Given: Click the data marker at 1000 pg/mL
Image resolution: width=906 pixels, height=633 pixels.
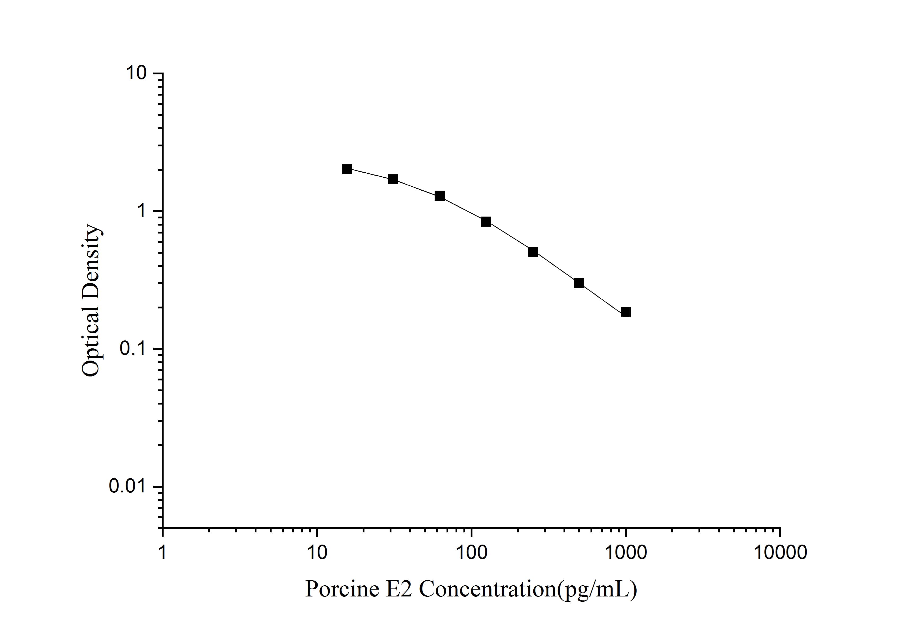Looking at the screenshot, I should [x=625, y=312].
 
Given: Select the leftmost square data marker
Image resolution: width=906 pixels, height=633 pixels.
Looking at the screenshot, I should [x=346, y=169].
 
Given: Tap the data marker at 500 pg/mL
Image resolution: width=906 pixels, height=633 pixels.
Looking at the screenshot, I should [x=579, y=283].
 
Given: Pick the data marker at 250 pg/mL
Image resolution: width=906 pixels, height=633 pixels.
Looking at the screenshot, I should [x=533, y=252].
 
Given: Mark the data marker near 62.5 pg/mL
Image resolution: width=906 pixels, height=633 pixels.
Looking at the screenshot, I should [x=440, y=196].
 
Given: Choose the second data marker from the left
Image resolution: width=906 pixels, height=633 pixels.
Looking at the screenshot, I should [x=393, y=179].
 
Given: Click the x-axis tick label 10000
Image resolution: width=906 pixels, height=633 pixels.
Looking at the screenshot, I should [x=780, y=553].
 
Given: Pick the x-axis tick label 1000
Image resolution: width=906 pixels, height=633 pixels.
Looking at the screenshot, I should [x=625, y=553].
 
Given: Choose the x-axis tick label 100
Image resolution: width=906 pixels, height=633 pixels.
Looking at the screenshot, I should [x=471, y=553].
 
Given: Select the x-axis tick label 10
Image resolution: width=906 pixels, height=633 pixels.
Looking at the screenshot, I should [x=317, y=553].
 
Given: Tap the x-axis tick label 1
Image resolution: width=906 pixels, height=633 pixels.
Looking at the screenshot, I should [x=163, y=553].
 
